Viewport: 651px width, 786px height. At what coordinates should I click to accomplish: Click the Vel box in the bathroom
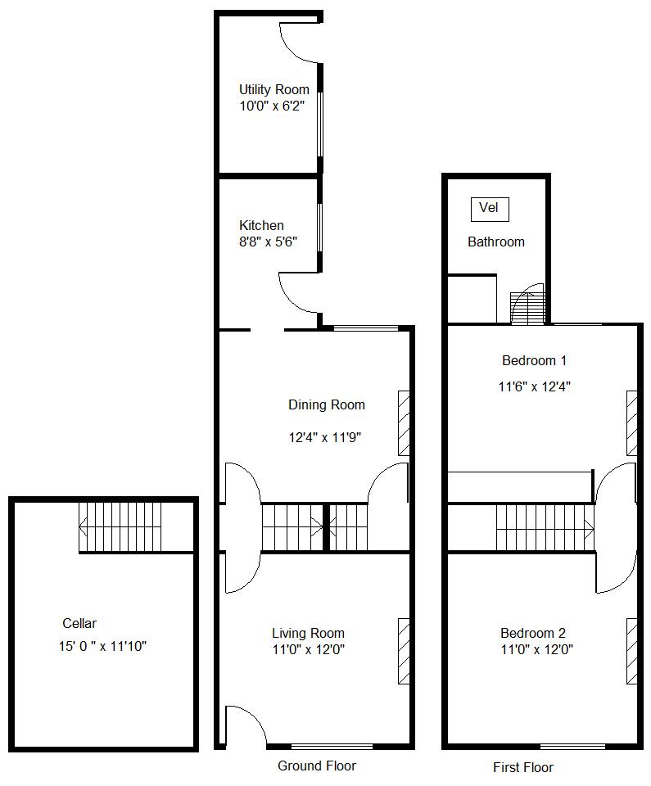coord(489,209)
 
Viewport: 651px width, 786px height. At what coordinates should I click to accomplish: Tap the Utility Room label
coord(274,90)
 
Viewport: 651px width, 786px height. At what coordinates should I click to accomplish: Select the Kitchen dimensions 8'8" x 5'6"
coord(267,242)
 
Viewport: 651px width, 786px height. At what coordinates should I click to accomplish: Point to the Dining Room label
coord(326,404)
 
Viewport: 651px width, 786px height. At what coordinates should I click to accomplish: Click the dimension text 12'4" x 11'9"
coord(324,438)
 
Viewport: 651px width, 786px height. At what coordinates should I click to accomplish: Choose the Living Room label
coord(308,633)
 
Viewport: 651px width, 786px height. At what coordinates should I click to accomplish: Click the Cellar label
coord(79,623)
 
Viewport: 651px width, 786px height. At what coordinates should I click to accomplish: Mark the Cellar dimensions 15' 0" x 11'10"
coord(102,647)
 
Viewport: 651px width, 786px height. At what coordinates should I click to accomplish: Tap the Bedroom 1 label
coord(534,360)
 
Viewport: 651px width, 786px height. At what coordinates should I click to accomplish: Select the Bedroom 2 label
coord(533,633)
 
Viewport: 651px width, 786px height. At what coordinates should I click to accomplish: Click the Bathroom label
coord(495,242)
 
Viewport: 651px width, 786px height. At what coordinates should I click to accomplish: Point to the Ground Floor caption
coord(317,766)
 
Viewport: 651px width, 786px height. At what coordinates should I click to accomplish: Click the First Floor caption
coord(522,768)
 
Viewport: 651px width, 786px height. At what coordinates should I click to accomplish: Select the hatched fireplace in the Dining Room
coord(404,422)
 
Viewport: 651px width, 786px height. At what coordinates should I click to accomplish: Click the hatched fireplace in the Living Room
coord(404,651)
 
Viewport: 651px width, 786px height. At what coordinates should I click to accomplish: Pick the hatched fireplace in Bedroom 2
coord(632,651)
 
